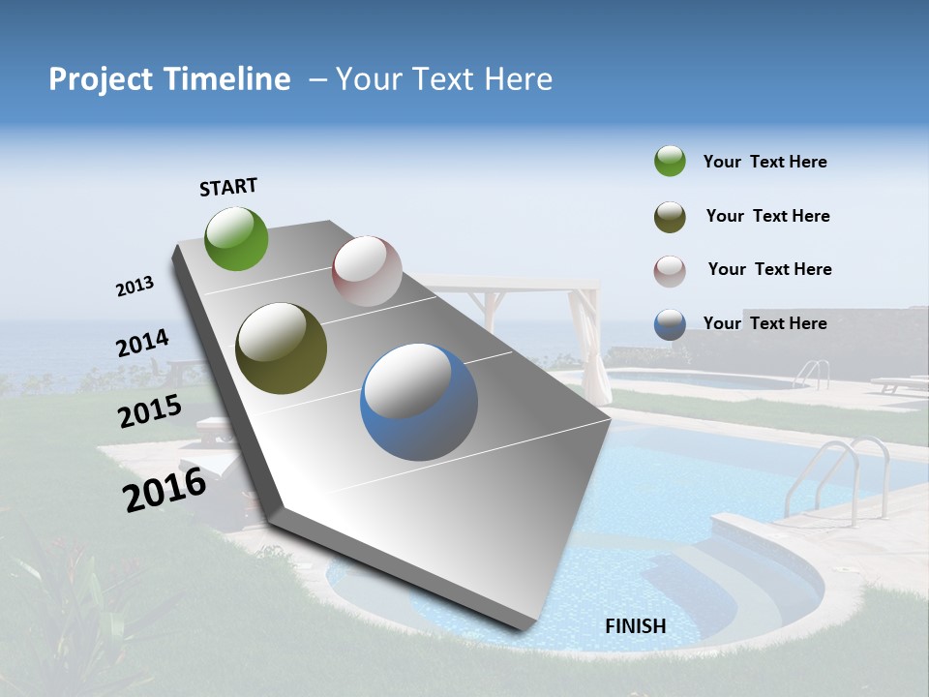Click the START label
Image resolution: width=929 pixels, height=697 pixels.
click(x=228, y=187)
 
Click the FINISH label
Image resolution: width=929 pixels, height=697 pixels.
click(x=636, y=626)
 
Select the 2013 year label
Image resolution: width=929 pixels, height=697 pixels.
click(x=135, y=287)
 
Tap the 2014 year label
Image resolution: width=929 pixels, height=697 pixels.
click(x=142, y=344)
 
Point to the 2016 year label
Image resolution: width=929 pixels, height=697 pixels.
click(x=165, y=490)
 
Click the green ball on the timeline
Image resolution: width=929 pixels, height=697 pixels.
click(x=236, y=238)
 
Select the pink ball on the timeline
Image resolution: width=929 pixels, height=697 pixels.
click(x=367, y=271)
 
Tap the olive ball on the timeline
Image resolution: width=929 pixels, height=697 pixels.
click(x=282, y=348)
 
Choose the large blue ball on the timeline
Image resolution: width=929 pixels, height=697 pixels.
click(x=419, y=403)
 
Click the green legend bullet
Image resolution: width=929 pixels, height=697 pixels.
click(x=670, y=161)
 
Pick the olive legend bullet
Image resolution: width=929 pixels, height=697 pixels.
click(x=670, y=217)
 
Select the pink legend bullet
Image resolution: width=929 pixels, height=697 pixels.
click(x=670, y=270)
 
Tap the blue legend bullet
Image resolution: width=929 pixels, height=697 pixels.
click(x=670, y=324)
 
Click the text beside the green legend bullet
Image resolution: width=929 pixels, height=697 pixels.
click(x=764, y=162)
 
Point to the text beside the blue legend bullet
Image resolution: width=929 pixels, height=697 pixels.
click(x=764, y=323)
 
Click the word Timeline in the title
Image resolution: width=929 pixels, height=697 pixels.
click(x=227, y=79)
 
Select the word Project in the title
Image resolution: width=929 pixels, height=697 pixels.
click(x=101, y=79)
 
